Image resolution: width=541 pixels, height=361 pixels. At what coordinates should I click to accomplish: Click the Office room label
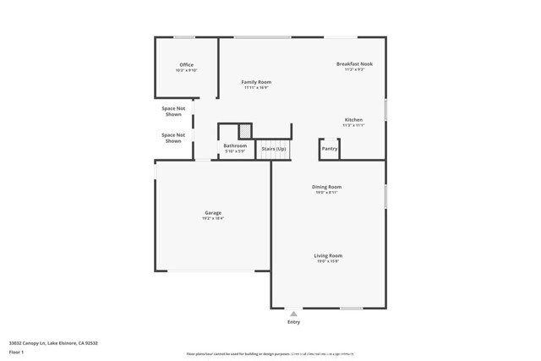(186, 65)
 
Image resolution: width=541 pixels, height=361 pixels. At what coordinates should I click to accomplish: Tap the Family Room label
(256, 82)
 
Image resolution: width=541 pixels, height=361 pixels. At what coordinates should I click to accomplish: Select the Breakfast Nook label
(354, 64)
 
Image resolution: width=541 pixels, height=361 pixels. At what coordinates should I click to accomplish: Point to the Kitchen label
(353, 120)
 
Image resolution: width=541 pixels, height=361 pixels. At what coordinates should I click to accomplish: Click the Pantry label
(330, 149)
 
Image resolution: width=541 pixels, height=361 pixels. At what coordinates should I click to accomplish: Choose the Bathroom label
(235, 145)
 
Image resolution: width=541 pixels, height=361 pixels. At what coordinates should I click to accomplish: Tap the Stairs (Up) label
(273, 149)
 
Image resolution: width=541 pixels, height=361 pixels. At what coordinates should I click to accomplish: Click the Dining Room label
(326, 187)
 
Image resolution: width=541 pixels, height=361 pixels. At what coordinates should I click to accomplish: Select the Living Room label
(328, 255)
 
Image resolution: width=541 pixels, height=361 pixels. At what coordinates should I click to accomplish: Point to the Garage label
(212, 213)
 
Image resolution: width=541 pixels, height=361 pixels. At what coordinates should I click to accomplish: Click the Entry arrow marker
(293, 314)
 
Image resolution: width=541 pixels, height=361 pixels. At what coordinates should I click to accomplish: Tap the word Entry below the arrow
(293, 322)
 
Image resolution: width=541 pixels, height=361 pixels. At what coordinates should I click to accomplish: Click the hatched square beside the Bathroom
(244, 131)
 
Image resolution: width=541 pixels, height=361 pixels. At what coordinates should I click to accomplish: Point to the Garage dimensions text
(212, 219)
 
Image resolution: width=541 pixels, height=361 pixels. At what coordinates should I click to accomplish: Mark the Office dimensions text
(186, 71)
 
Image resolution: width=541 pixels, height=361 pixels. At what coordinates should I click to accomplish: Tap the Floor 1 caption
(16, 352)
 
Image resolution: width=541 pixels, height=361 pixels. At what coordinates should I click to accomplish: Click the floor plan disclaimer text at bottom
(269, 354)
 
